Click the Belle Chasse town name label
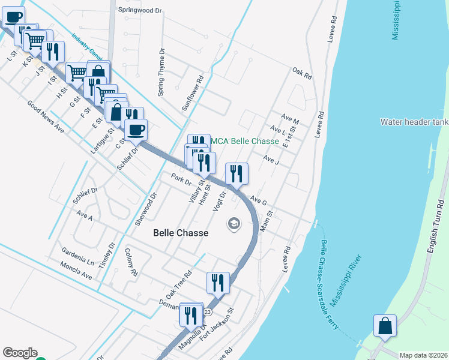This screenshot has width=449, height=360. point(181,233)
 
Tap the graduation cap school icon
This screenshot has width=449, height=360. point(234,224)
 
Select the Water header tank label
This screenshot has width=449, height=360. point(414,122)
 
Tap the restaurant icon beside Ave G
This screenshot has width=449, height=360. point(237,174)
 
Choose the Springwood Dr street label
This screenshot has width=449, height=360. point(140,10)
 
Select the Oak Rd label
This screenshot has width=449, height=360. point(302,74)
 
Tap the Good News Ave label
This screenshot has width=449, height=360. point(45,116)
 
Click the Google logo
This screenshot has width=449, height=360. point(20,353)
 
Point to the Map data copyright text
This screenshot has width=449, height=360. point(423,355)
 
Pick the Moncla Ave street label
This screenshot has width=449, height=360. point(76,271)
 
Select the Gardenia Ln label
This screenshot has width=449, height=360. point(78,255)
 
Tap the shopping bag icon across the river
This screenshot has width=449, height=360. point(384,326)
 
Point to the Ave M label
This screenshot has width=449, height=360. point(290,121)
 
